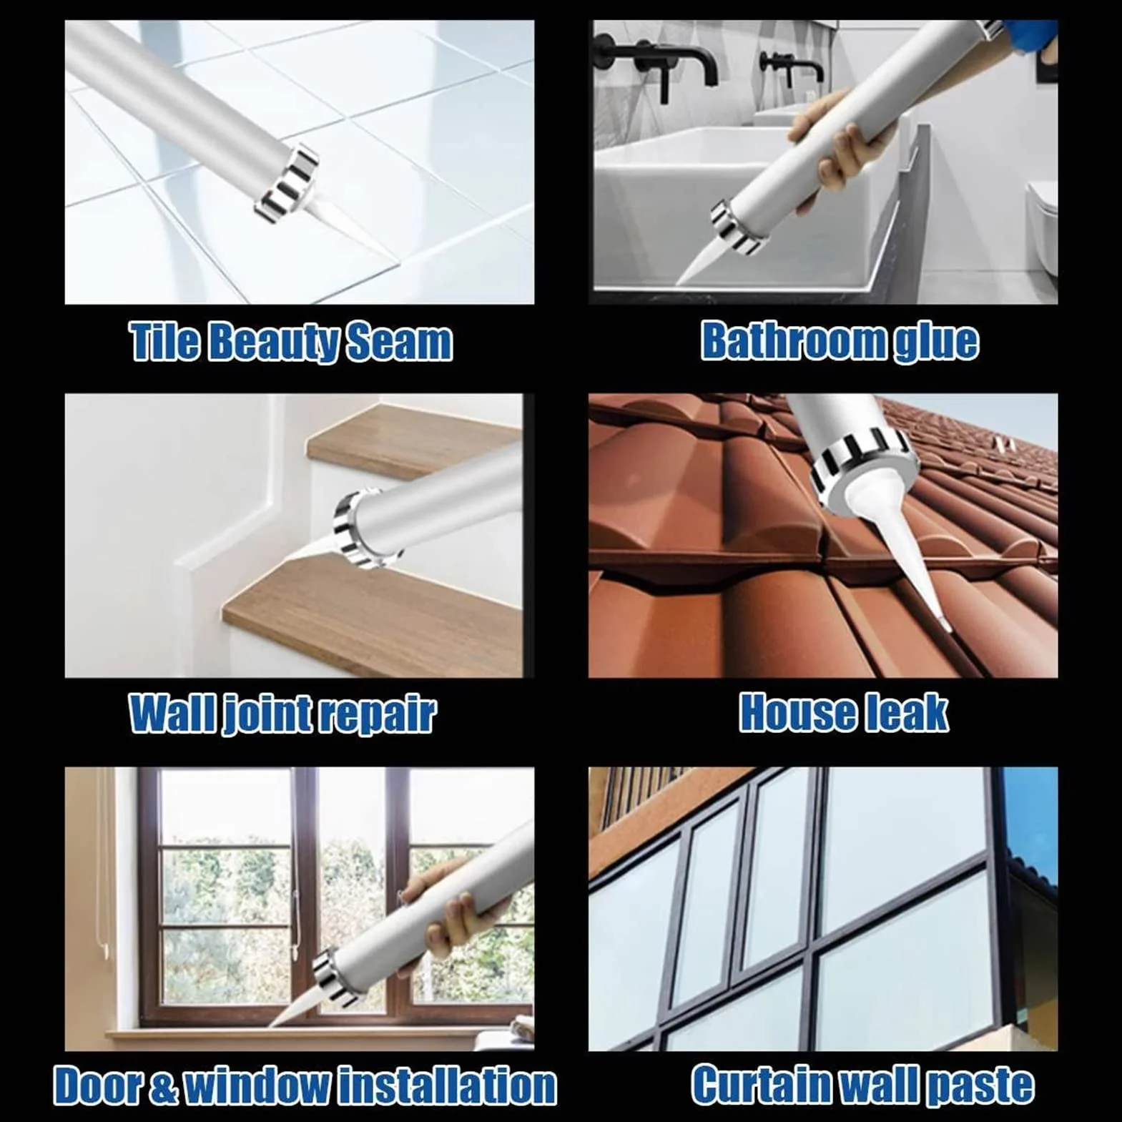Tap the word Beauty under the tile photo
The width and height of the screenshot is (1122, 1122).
pos(274,342)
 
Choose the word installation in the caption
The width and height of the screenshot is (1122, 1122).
pos(448,1086)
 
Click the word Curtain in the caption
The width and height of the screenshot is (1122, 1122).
pos(763,1085)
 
